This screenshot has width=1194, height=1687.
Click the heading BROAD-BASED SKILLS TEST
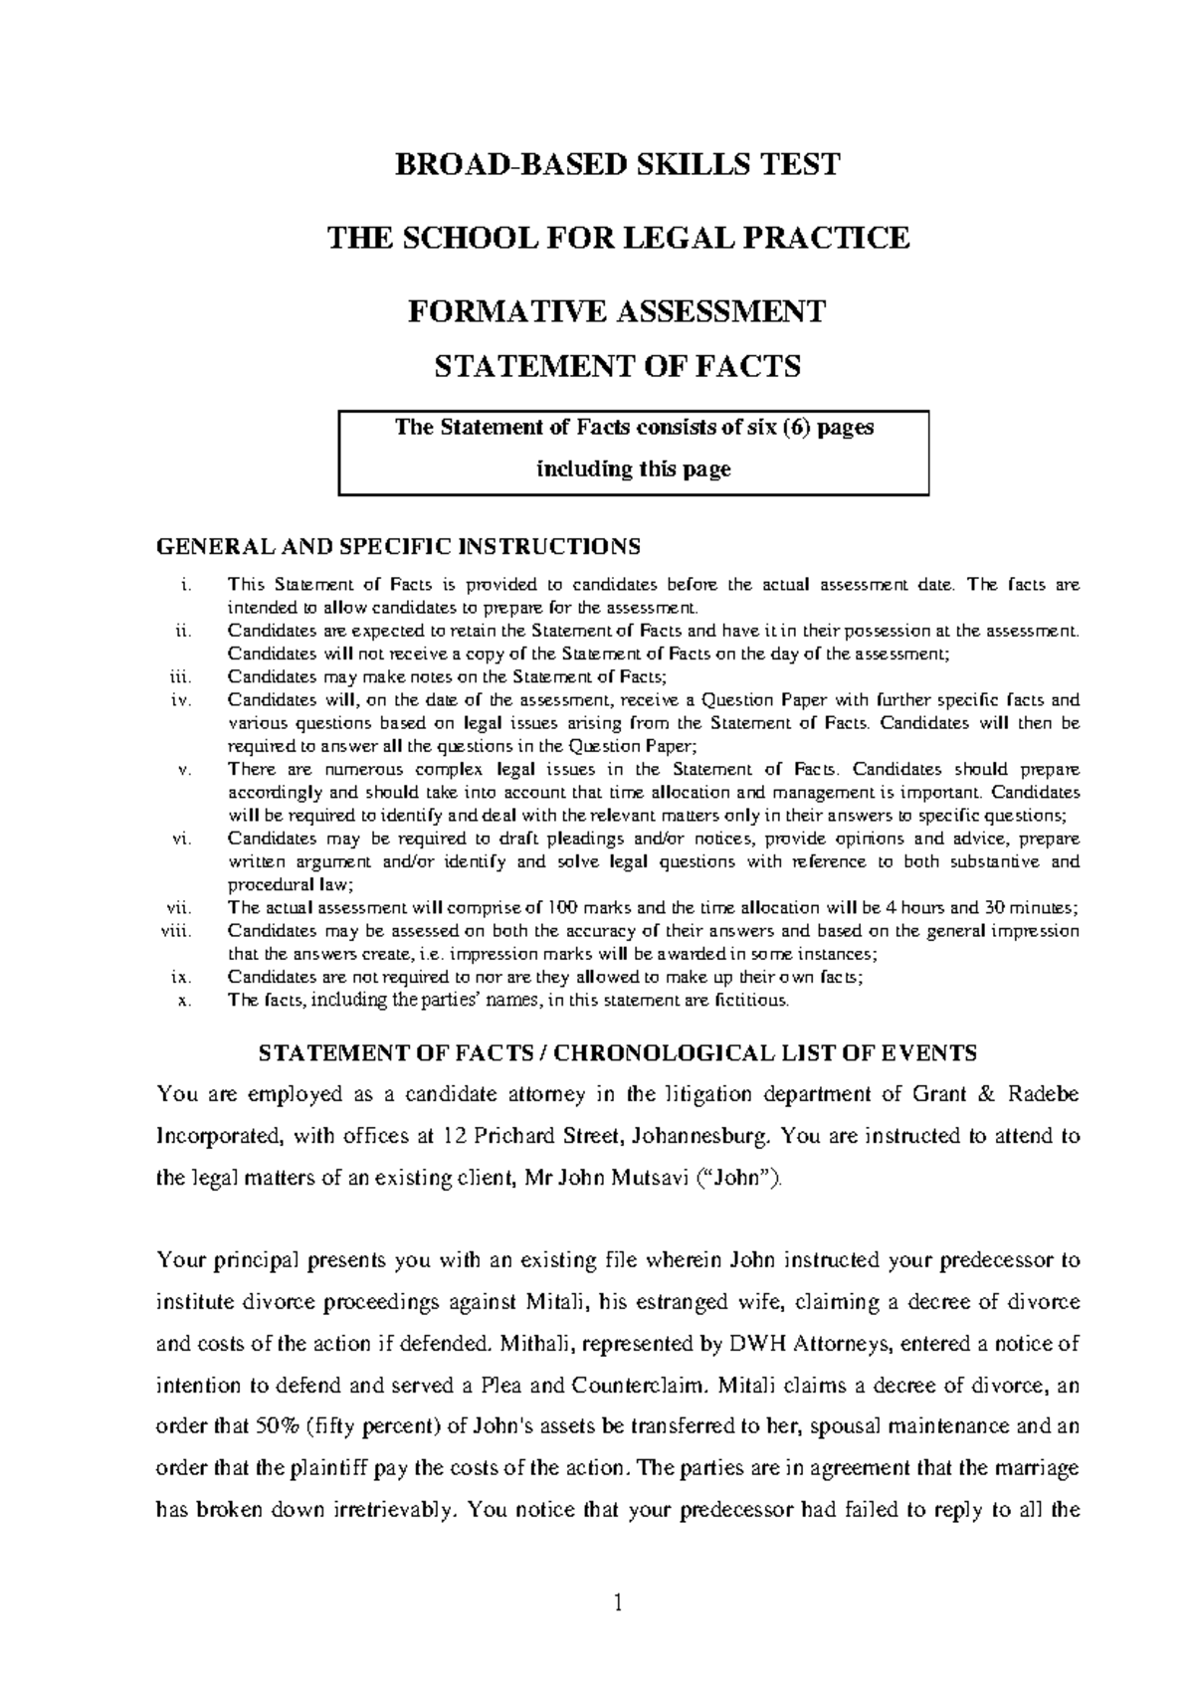pos(618,164)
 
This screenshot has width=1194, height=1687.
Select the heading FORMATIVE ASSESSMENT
pos(618,311)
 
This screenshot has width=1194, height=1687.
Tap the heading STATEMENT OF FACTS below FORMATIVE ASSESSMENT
pos(618,367)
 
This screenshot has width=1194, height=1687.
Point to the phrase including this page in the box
pos(634,469)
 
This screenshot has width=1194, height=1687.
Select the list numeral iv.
pos(180,699)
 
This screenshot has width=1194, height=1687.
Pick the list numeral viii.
pos(180,931)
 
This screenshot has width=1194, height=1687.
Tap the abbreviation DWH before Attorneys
pos(758,1344)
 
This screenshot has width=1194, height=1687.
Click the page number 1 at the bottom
pos(617,1602)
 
